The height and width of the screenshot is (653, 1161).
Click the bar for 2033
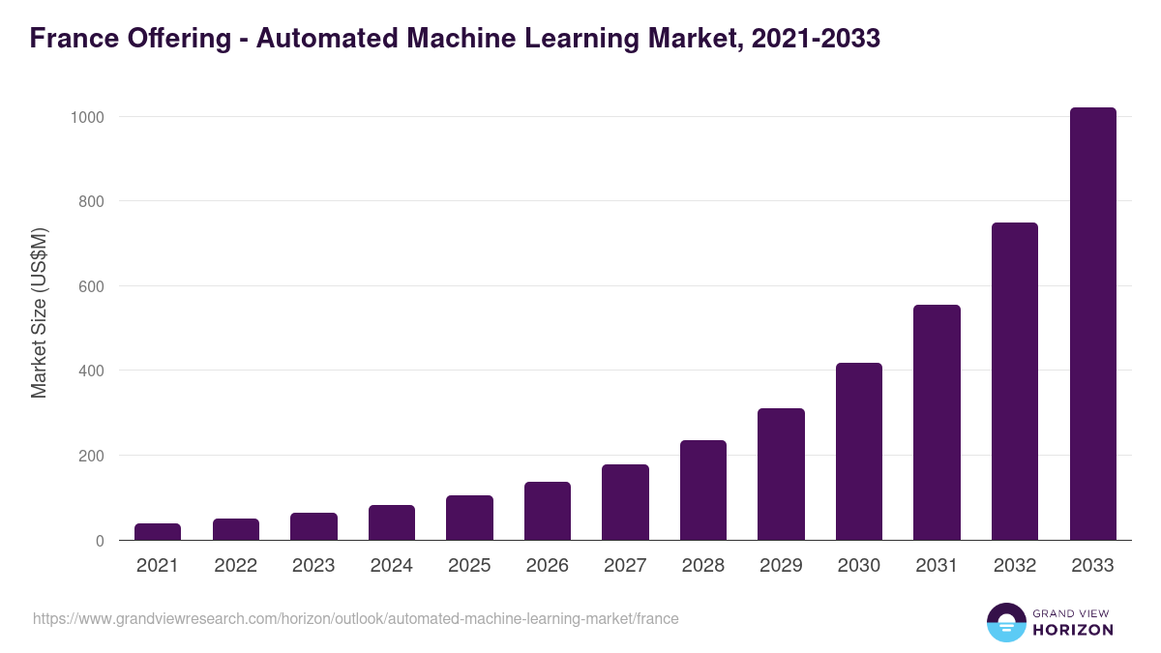[1092, 324]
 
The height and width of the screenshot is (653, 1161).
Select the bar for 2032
[1015, 381]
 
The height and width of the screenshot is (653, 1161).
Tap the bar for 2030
[859, 452]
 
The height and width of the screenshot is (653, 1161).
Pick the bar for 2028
[703, 490]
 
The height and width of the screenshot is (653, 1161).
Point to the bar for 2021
[158, 531]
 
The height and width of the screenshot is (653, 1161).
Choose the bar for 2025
[469, 518]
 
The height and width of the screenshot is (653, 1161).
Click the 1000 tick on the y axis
[86, 117]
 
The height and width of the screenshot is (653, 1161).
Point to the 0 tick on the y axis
[100, 541]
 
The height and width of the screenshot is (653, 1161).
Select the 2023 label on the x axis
[313, 566]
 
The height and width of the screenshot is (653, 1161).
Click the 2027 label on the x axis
[625, 566]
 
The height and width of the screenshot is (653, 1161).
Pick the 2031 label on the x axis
[937, 566]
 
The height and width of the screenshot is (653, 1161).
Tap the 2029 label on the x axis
[781, 566]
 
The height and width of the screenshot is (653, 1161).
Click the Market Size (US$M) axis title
[39, 312]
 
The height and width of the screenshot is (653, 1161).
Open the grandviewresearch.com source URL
[356, 618]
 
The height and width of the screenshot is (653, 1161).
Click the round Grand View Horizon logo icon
[1005, 622]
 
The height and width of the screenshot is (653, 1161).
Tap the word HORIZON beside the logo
[1074, 630]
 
